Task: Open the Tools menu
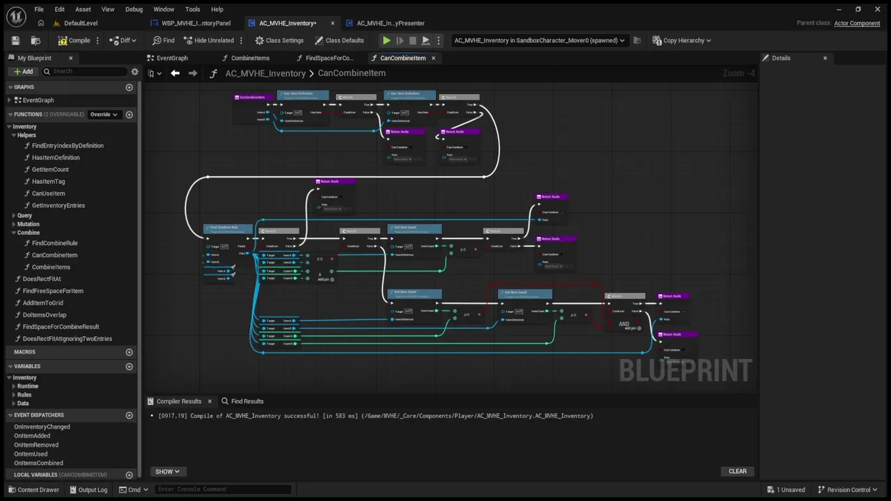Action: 193,9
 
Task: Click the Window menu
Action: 164,9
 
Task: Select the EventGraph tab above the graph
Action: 172,58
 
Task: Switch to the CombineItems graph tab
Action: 250,58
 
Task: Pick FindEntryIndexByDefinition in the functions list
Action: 68,145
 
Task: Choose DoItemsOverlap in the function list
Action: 45,315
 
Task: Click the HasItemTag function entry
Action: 48,182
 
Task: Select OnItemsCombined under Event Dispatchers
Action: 38,463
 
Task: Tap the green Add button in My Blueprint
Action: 23,72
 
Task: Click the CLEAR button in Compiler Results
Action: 737,471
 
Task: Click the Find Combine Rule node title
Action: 224,228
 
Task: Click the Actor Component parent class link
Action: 857,23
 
